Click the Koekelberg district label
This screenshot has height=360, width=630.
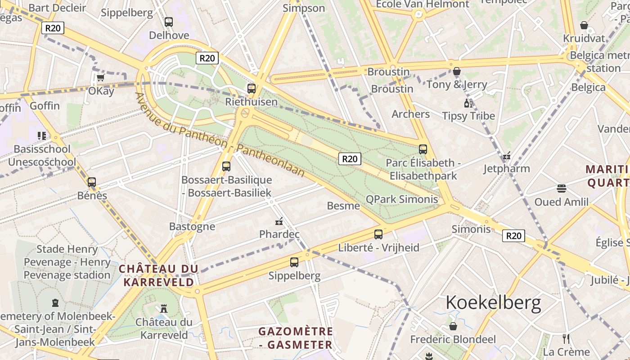pos(493,303)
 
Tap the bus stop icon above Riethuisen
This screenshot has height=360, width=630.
pos(252,89)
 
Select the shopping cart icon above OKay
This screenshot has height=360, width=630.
pos(100,78)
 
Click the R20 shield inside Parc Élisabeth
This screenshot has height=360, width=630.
pos(350,158)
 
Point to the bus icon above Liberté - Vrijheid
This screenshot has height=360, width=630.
pos(378,234)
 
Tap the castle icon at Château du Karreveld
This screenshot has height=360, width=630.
pos(164,309)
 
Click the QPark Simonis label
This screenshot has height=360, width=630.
pos(402,199)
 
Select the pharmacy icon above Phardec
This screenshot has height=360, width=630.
pos(279,221)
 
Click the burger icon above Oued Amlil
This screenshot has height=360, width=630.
pos(561,188)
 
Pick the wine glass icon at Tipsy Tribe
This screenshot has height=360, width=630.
pos(468,103)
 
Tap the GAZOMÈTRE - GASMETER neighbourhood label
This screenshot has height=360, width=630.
pos(296,338)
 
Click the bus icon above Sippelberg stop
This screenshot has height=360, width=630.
pos(294,262)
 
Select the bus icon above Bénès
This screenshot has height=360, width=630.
pos(92,182)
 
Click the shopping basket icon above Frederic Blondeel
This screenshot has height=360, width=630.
pos(453,326)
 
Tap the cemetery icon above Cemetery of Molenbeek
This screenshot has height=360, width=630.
pos(55,303)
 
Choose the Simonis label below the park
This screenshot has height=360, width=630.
pos(471,229)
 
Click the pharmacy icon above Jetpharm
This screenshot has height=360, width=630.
pos(507,156)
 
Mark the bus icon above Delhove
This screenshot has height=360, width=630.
pos(169,22)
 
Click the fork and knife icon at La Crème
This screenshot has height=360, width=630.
pos(566,339)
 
